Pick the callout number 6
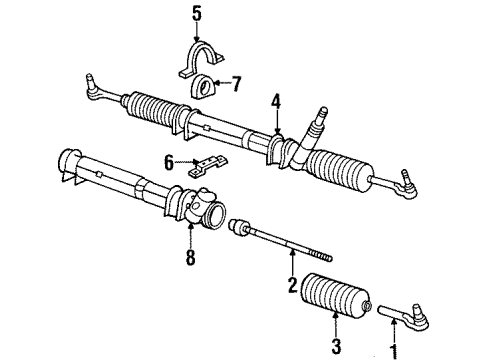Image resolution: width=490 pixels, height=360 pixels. click(170, 160)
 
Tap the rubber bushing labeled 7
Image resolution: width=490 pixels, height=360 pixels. click(205, 86)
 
